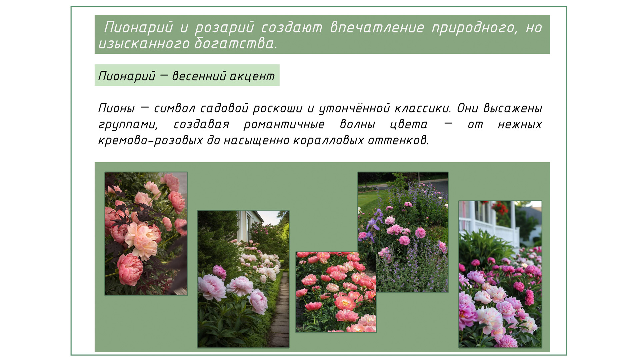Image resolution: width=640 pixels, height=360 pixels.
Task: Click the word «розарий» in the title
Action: pos(224,27)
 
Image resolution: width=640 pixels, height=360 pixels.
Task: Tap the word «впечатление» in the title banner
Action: pos(377,27)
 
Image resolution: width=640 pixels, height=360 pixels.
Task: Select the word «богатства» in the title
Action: pos(235,43)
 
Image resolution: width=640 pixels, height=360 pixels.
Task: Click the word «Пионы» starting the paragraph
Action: pos(117,108)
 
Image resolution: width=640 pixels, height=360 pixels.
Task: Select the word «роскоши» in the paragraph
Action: pos(278,108)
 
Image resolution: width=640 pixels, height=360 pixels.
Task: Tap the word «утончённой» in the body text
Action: pos(354,109)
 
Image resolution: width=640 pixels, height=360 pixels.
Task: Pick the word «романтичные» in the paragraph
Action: pos(284,125)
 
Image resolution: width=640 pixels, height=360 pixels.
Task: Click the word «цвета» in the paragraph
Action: pos(409,125)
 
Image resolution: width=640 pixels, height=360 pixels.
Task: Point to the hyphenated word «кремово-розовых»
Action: pos(150,140)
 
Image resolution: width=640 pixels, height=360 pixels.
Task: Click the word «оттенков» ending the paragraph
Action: pos(398,140)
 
